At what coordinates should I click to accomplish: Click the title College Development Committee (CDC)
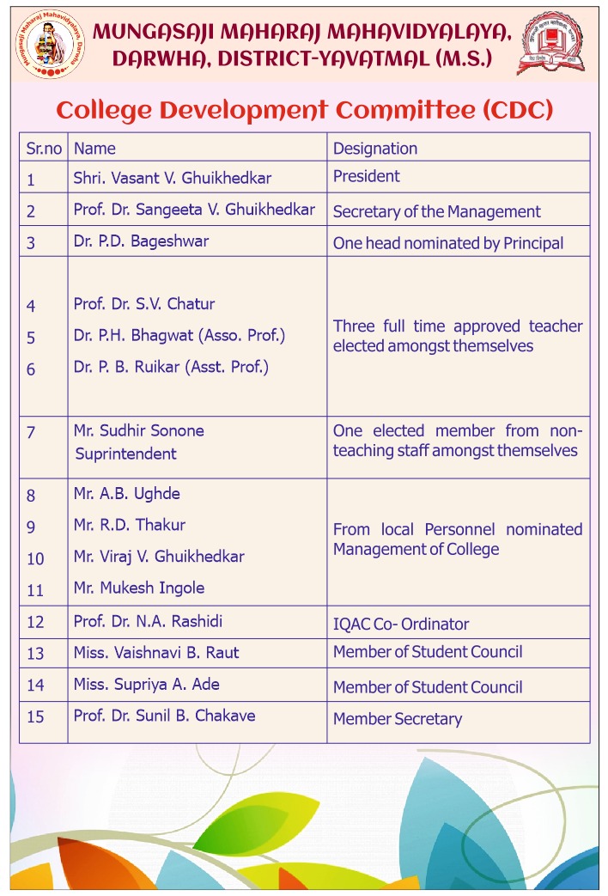coord(304,110)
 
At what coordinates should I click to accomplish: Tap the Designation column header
coord(375,149)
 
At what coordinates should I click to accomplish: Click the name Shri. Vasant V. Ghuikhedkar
coord(173,179)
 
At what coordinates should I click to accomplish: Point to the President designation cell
coord(367,176)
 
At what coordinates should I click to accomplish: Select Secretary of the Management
coord(436,211)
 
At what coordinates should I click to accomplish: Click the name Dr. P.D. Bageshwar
coord(141,241)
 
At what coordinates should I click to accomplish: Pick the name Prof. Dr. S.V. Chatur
coord(144,304)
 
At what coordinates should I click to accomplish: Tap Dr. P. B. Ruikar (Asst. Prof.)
coord(172,367)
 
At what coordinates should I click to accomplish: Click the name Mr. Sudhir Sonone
coord(139,430)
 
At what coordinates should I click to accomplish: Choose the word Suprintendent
coord(125,454)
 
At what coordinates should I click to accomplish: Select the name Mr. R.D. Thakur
coord(130,525)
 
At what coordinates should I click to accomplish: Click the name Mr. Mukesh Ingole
coord(139,588)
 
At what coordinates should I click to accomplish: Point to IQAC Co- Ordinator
coord(401,625)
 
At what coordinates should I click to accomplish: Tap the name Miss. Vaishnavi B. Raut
coord(156,653)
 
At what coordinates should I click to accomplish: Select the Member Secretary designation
coord(398,719)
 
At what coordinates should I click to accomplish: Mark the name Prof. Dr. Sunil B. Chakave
coord(164,715)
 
